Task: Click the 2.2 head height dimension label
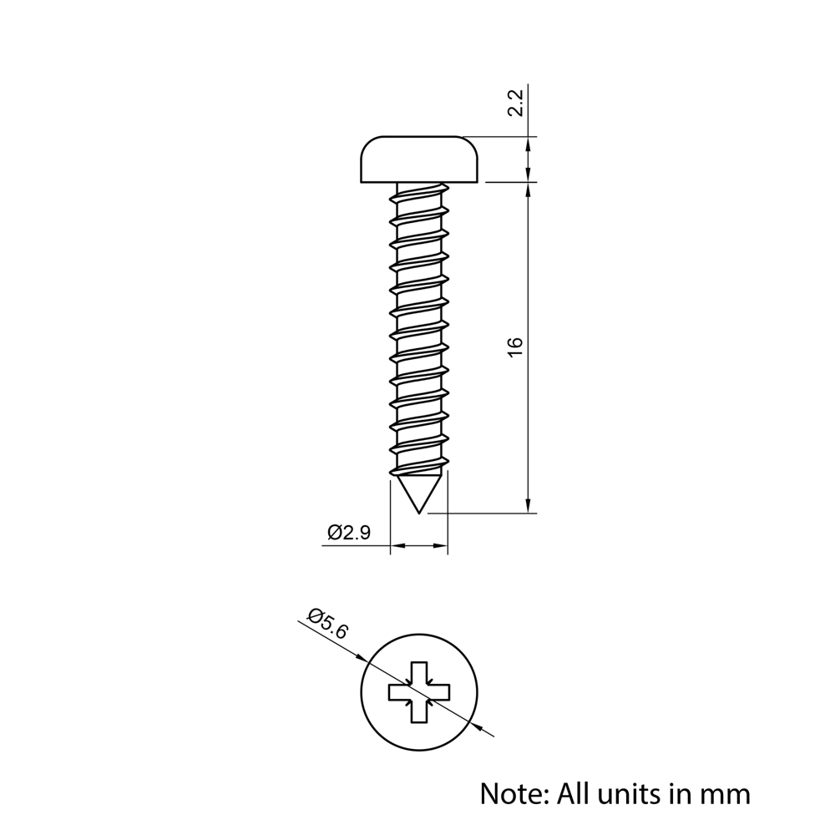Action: [516, 103]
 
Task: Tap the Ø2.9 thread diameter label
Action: [349, 533]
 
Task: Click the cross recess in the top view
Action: [419, 691]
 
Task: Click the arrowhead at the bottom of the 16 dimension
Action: [528, 505]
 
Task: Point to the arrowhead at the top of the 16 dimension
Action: [528, 190]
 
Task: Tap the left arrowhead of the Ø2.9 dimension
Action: [397, 547]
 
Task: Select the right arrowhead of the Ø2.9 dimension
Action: [442, 547]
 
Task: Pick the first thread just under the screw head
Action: [419, 197]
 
